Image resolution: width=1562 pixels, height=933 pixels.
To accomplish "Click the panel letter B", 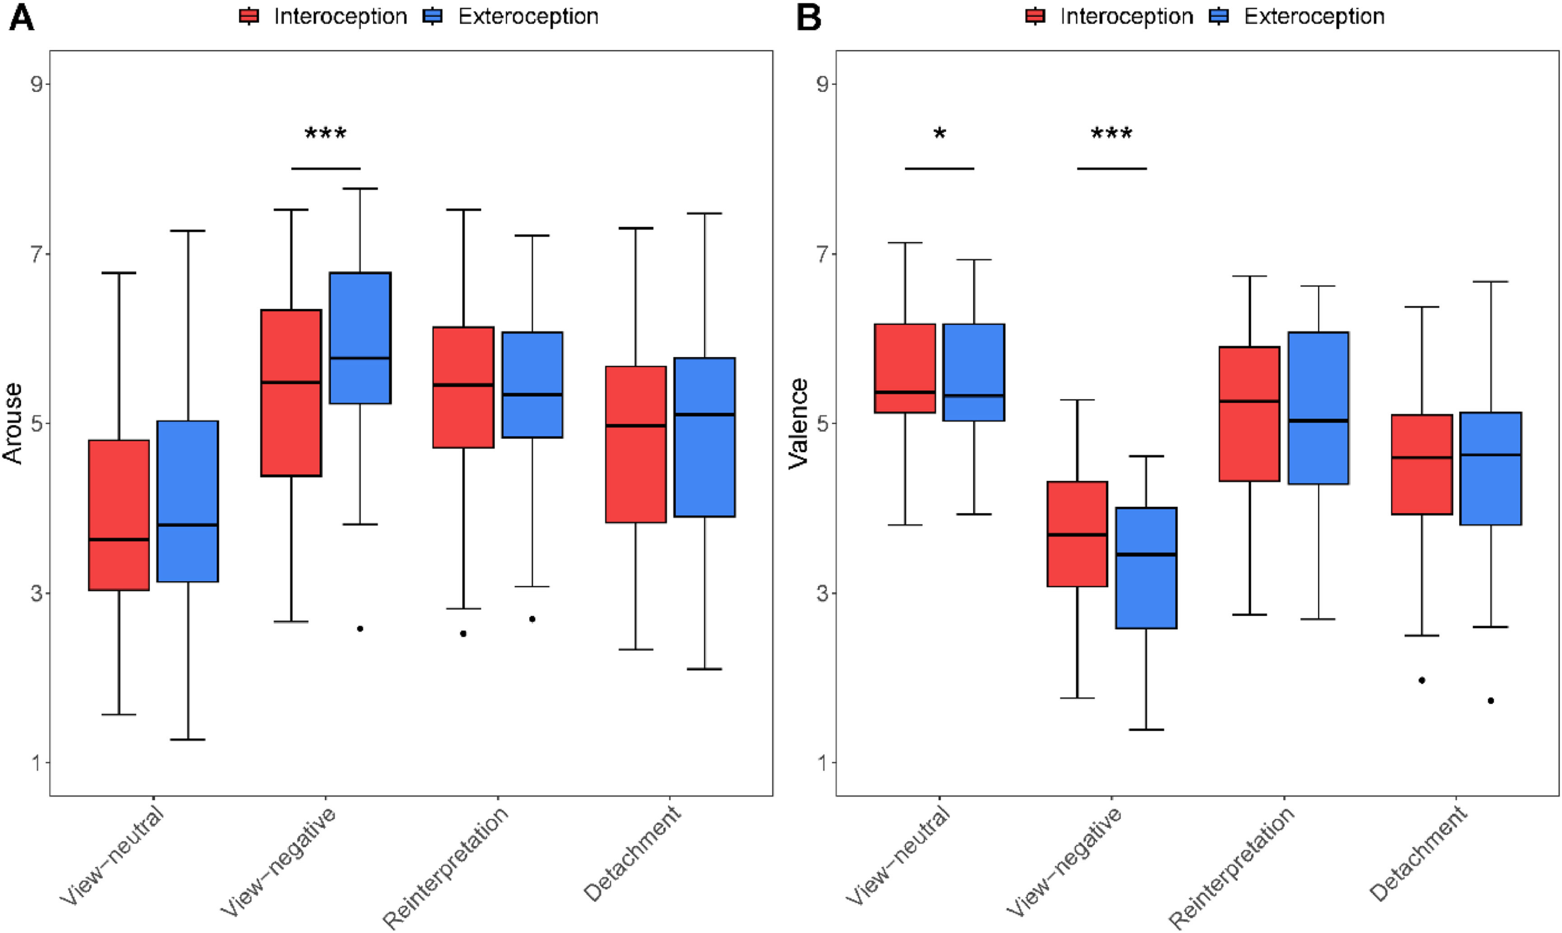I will (x=809, y=17).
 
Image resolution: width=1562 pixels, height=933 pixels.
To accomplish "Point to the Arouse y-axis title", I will (x=13, y=423).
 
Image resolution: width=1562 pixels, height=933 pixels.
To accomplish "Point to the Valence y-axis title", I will (x=799, y=423).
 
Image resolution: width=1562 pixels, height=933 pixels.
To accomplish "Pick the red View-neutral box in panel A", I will (x=119, y=515).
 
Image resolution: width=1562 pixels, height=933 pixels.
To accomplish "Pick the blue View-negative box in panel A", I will (x=360, y=338).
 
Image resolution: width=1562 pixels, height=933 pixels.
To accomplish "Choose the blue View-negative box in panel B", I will (x=1146, y=568).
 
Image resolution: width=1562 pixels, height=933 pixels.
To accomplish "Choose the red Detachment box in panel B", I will (x=1422, y=464).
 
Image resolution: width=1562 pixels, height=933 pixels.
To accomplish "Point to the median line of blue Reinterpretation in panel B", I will (x=1318, y=421).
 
